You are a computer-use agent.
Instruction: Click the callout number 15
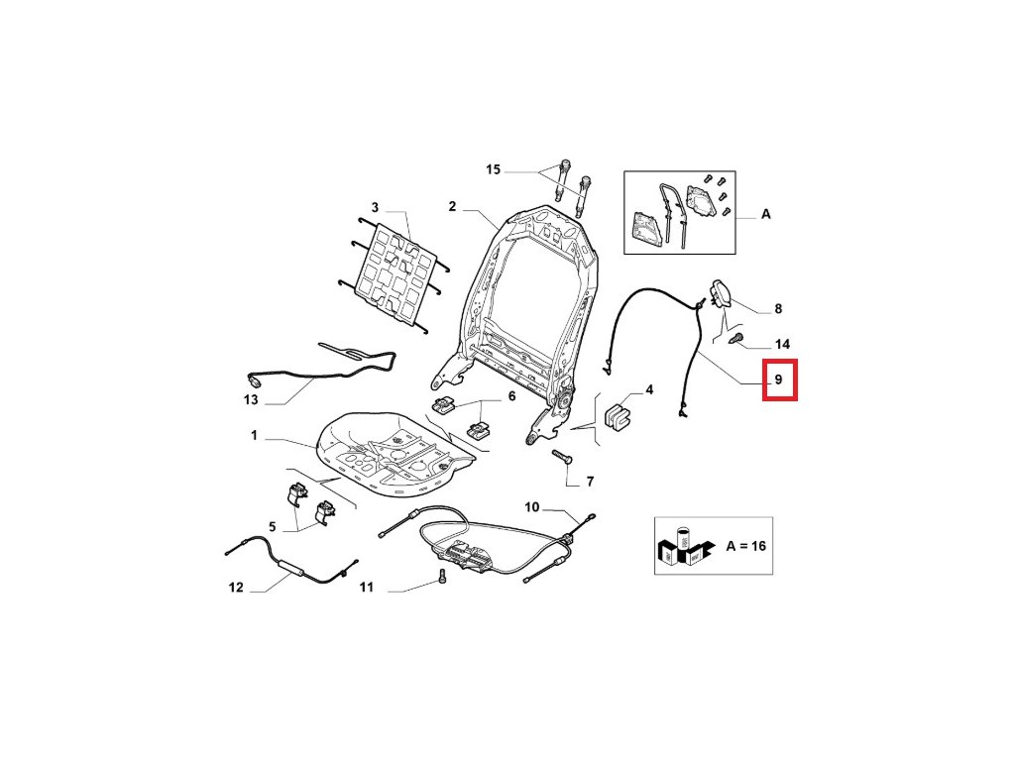point(493,170)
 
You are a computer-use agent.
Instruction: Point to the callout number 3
point(375,207)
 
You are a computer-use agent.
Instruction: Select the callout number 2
point(451,207)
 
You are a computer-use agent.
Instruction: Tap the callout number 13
point(251,400)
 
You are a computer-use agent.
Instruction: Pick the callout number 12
point(235,588)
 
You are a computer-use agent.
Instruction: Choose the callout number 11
point(366,588)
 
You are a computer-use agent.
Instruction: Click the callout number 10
point(531,507)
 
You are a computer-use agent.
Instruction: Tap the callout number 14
point(782,345)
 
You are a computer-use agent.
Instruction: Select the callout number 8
point(778,308)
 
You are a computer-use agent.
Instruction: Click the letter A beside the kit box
point(765,214)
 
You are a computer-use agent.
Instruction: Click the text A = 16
point(745,546)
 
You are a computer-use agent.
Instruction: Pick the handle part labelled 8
point(722,294)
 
